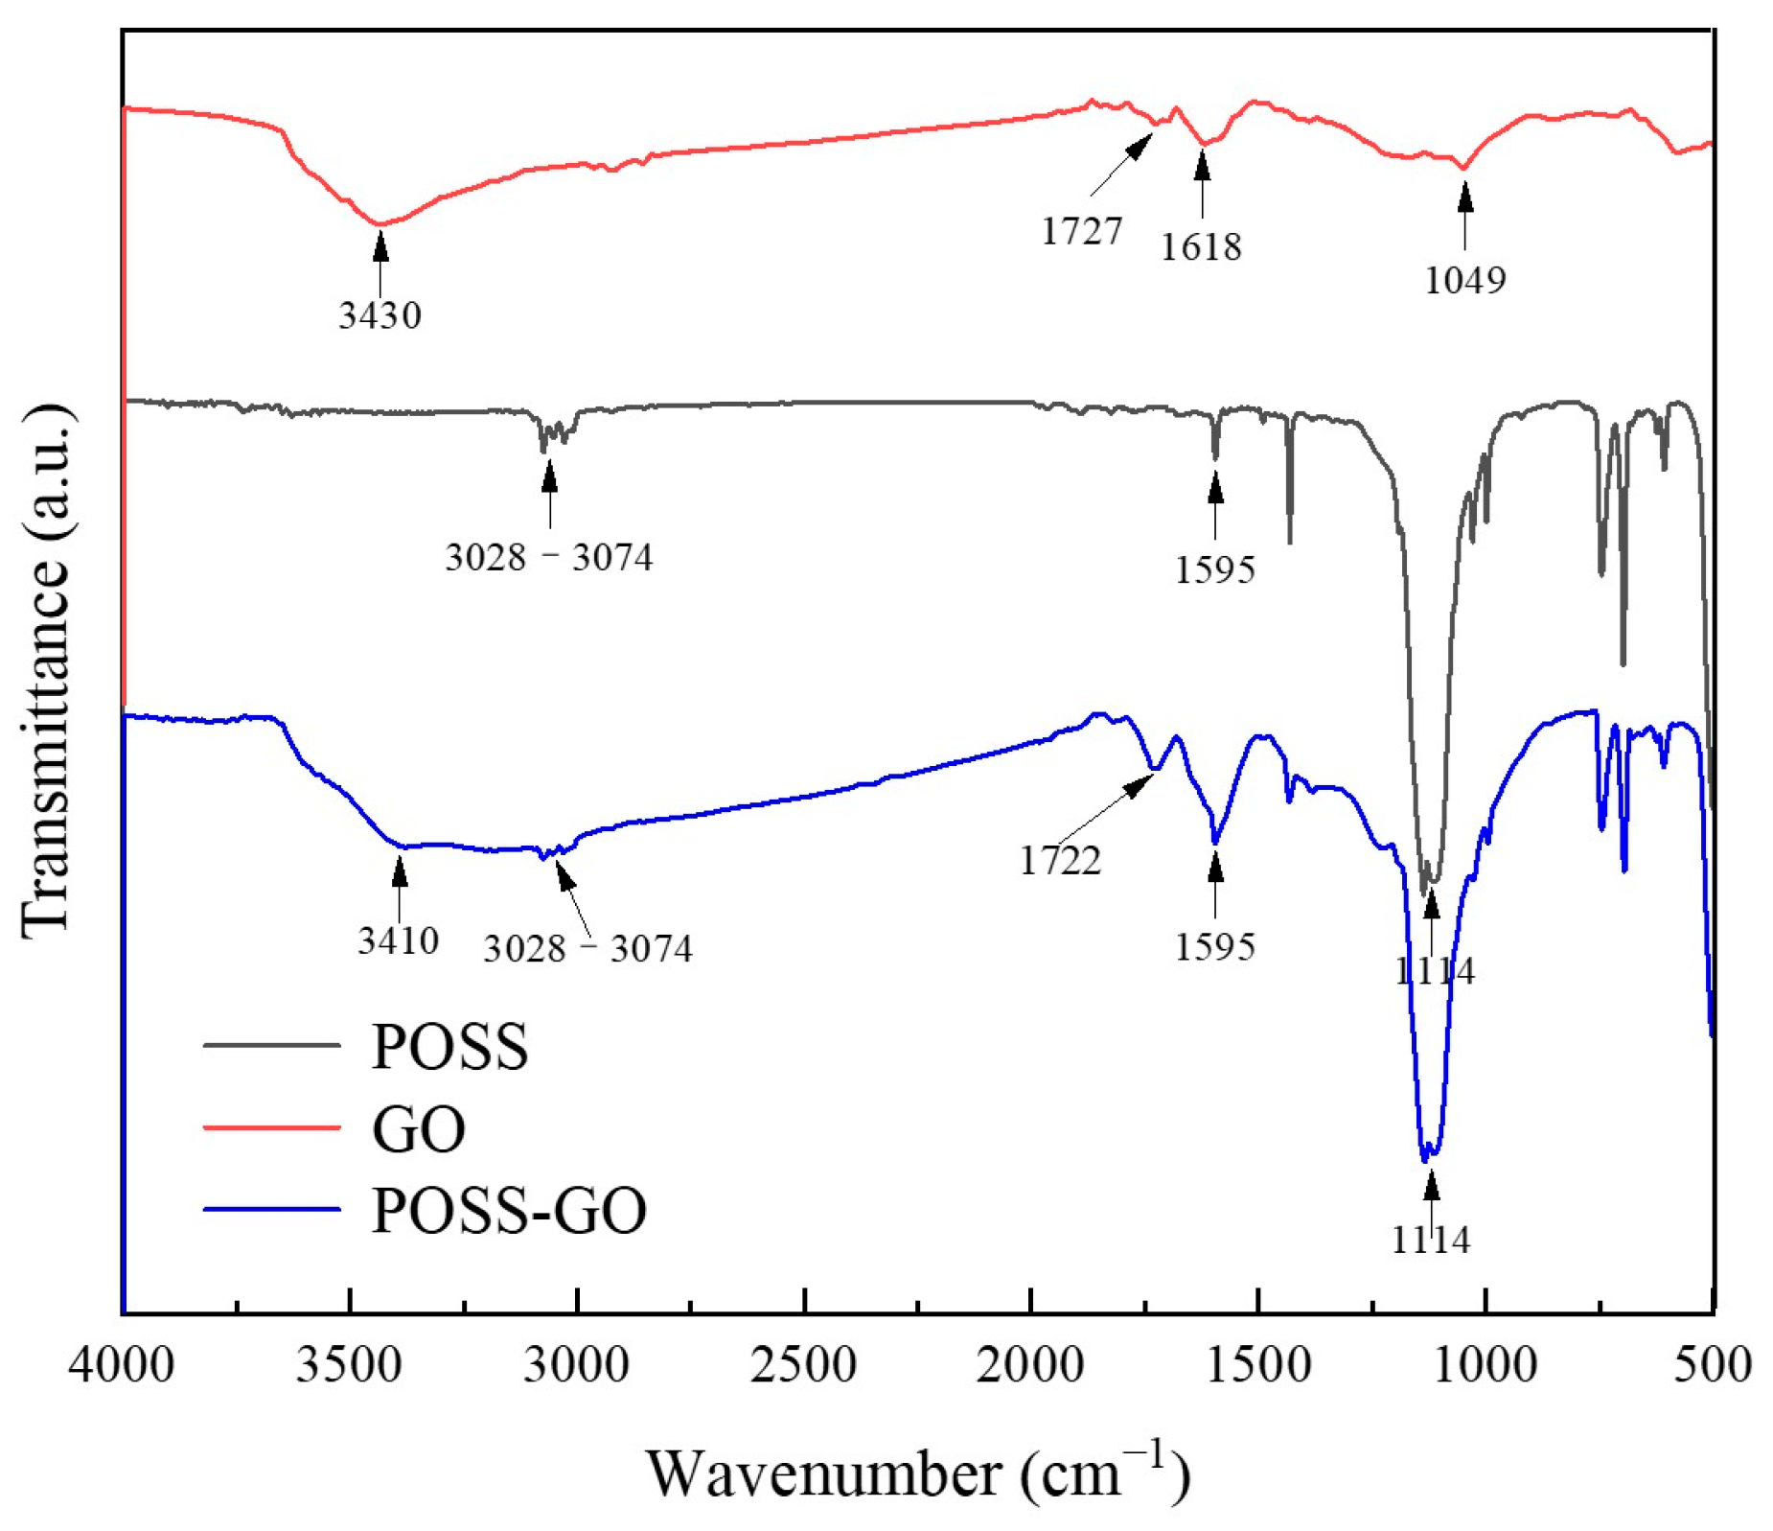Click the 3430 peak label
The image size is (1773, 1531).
pyautogui.click(x=380, y=314)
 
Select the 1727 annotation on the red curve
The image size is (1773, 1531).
pyautogui.click(x=1081, y=231)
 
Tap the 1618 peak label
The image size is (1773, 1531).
pyautogui.click(x=1200, y=247)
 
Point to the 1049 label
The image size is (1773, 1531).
pyautogui.click(x=1464, y=280)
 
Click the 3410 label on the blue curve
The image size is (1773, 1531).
pyautogui.click(x=398, y=940)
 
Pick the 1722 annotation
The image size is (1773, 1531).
pyautogui.click(x=1059, y=861)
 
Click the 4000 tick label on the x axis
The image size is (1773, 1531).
pyautogui.click(x=121, y=1364)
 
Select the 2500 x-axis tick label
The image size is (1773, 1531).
pyautogui.click(x=803, y=1364)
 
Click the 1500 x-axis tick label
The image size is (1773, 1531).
pyautogui.click(x=1257, y=1364)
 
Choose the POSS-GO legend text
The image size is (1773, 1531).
pyautogui.click(x=509, y=1210)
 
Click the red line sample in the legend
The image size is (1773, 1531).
pyautogui.click(x=272, y=1127)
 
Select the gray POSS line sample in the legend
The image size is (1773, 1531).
pyautogui.click(x=272, y=1045)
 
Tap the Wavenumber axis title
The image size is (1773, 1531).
pyautogui.click(x=917, y=1473)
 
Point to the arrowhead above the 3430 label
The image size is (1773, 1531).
pyautogui.click(x=380, y=245)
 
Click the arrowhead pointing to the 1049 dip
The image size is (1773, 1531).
pyautogui.click(x=1464, y=196)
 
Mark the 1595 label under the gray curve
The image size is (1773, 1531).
pyautogui.click(x=1214, y=569)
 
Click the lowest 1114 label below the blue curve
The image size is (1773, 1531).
pyautogui.click(x=1430, y=1240)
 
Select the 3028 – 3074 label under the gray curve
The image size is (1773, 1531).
pyautogui.click(x=548, y=557)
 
